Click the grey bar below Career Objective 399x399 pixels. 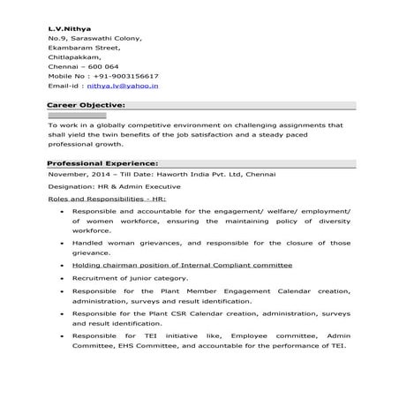point(77,116)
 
